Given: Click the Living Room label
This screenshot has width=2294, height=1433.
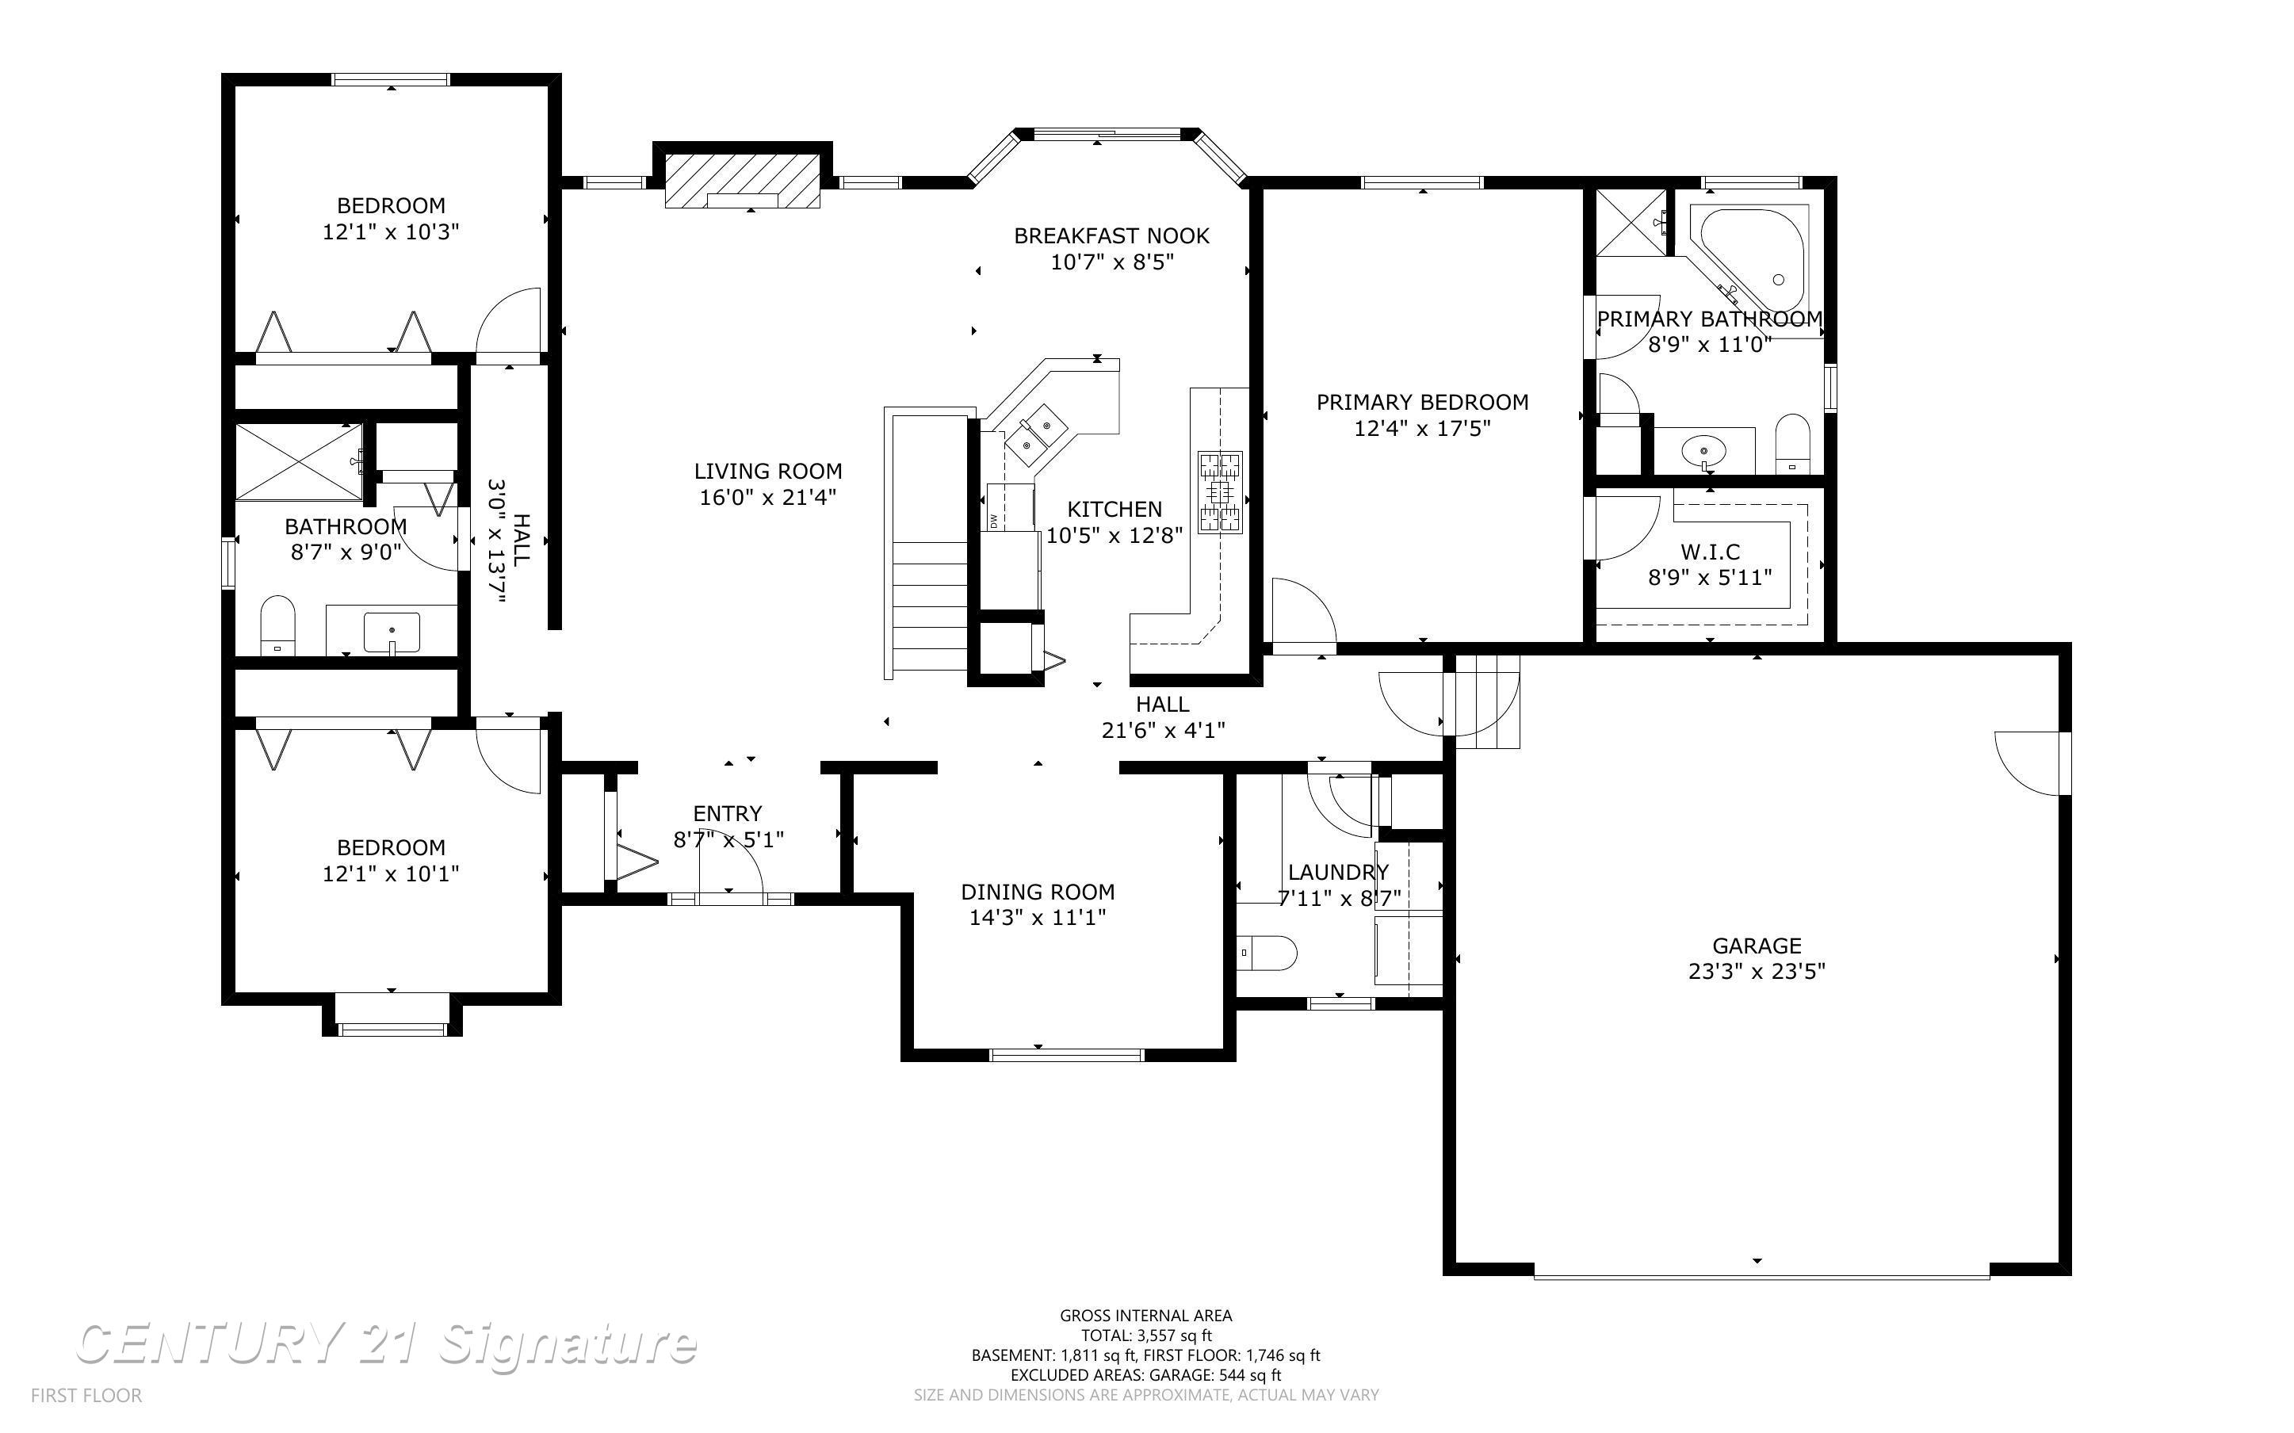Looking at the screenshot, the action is [767, 471].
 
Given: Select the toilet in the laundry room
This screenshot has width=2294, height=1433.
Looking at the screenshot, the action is [1267, 953].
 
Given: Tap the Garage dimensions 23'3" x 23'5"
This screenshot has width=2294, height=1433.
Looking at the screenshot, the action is [1757, 972].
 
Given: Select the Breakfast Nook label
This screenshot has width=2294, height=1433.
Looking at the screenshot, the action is [1111, 236].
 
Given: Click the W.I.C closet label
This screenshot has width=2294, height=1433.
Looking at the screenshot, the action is [1711, 552].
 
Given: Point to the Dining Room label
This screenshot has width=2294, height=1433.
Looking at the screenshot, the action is [1038, 892].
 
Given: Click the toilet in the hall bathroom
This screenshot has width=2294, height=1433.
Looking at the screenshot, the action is [277, 625].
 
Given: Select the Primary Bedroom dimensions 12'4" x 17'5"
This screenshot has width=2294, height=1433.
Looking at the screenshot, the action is [1422, 428].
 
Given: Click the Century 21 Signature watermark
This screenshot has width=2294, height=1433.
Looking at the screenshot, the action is [387, 1344].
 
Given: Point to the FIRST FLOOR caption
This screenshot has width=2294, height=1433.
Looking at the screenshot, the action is [86, 1395].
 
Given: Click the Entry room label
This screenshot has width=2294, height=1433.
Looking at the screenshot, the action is [728, 813].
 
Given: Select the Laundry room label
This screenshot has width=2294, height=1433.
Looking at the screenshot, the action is [1338, 872].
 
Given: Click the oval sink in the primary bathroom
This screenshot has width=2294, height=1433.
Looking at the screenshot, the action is [1704, 450].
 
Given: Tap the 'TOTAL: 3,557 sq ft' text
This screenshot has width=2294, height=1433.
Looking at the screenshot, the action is [1145, 1336].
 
